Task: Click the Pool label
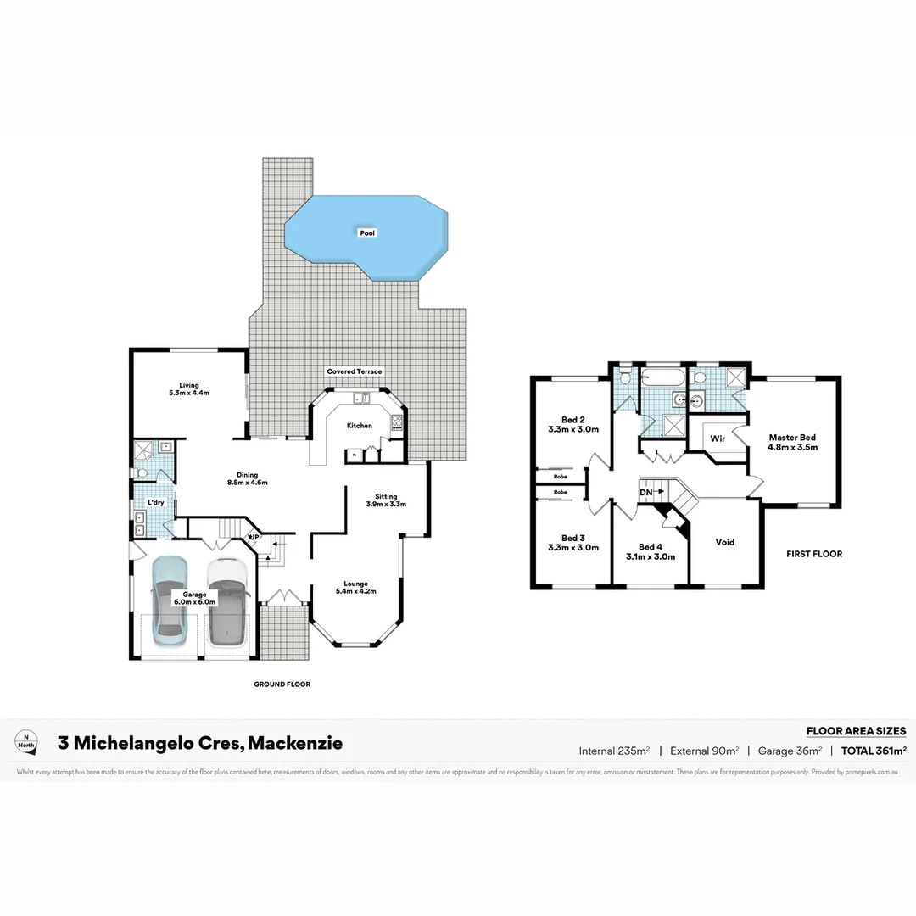[x=366, y=232]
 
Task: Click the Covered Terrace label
[x=355, y=371]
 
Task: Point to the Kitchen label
[x=360, y=426]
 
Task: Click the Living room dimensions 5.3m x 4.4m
[x=189, y=393]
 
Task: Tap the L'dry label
[x=155, y=503]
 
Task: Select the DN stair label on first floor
[x=647, y=492]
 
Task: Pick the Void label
[x=725, y=542]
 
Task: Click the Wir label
[x=718, y=438]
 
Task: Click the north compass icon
[x=28, y=740]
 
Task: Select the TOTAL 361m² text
[x=874, y=751]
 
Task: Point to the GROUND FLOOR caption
[x=282, y=684]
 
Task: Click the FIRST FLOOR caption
[x=814, y=554]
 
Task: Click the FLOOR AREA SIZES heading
[x=856, y=730]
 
